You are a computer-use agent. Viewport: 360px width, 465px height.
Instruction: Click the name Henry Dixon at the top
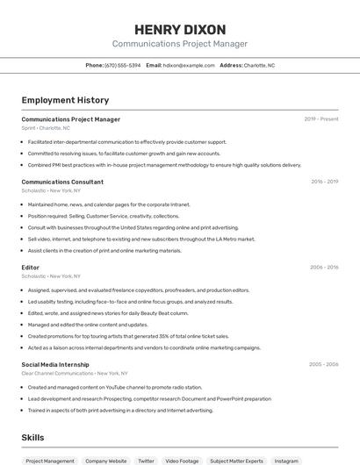coord(179,30)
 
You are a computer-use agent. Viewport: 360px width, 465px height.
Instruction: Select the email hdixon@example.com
coord(189,65)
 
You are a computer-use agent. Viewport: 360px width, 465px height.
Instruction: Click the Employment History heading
coord(65,100)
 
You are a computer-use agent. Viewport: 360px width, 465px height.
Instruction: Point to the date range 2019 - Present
coord(321,119)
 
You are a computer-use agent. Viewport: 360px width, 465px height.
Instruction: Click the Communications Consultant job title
coord(62,182)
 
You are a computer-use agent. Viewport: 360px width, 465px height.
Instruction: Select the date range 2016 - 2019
coord(324,182)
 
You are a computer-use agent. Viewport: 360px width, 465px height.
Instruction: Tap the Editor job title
coord(31,268)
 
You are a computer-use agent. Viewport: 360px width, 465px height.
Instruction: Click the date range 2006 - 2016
coord(324,268)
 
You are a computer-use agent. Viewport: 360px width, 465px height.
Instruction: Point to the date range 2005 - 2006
coord(324,364)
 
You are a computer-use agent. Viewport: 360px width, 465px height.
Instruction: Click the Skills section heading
coord(32,437)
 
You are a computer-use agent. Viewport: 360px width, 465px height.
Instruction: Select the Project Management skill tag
coord(50,460)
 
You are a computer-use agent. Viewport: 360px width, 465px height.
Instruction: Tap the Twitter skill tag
coord(145,460)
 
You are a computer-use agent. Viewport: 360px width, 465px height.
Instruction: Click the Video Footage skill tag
coord(183,460)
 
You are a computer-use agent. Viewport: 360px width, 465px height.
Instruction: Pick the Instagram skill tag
coord(286,460)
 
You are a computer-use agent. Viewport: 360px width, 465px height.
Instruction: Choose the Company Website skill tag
coord(105,460)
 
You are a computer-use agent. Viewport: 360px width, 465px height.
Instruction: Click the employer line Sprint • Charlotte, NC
coord(47,128)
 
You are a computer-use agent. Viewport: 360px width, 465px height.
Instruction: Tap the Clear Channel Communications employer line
coord(69,373)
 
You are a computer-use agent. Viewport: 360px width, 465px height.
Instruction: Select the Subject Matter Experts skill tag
coord(236,460)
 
